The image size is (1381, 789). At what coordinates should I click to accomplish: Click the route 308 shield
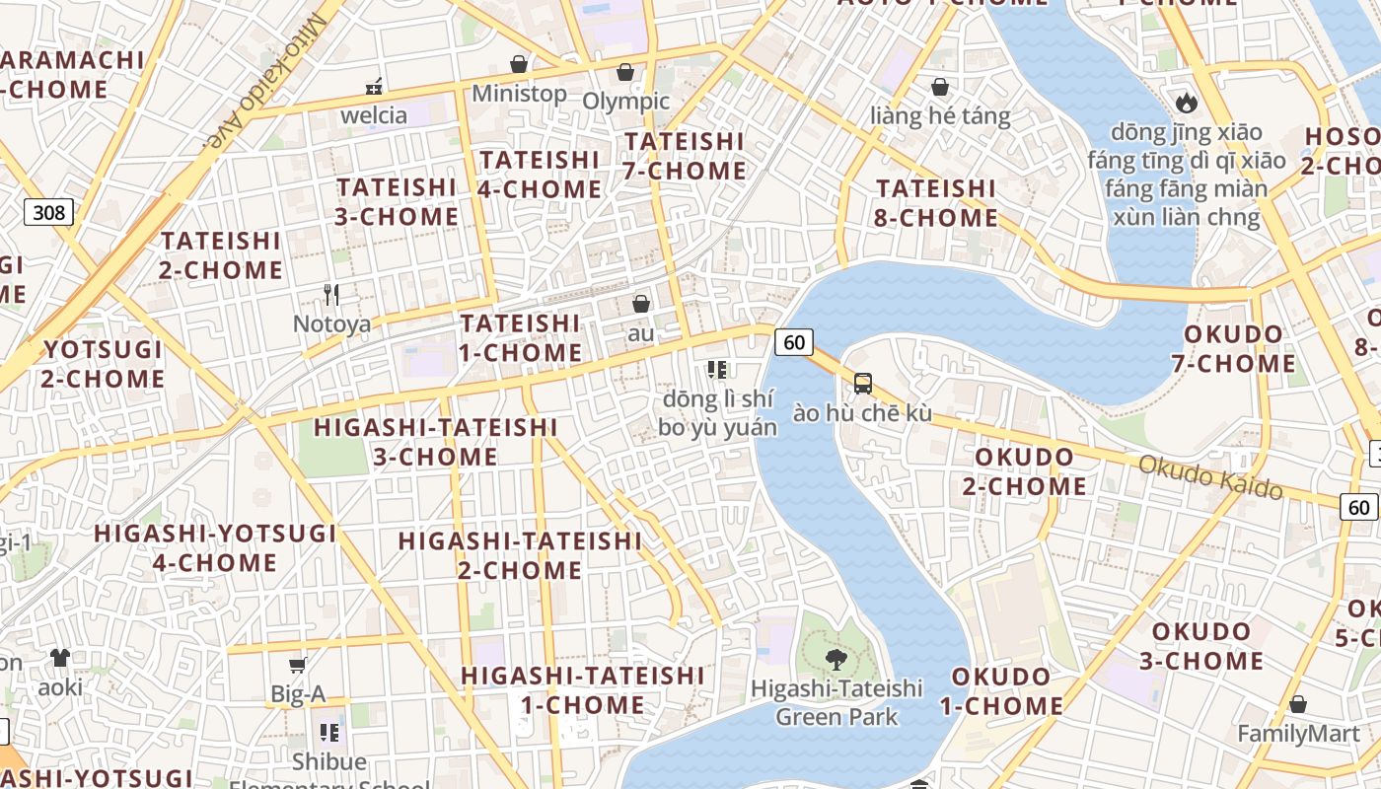click(48, 212)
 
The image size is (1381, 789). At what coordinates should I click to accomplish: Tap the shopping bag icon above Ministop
click(519, 64)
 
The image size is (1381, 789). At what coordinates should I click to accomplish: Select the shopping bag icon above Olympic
click(624, 72)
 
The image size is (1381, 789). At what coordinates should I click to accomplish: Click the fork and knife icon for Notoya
click(331, 294)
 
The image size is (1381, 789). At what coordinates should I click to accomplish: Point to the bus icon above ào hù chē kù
click(862, 384)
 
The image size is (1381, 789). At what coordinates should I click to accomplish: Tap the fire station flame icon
click(1186, 102)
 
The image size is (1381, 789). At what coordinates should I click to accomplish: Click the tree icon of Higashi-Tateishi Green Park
click(836, 658)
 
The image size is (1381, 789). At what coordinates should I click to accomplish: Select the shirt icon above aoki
click(60, 658)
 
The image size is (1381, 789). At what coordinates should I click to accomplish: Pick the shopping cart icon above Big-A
click(298, 666)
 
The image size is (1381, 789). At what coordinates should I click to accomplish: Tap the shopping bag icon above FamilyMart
click(1298, 704)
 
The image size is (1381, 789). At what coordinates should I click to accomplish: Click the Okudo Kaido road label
click(1210, 476)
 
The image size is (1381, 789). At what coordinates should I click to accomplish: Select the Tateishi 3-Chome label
click(398, 201)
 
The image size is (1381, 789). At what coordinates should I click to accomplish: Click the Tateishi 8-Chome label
click(936, 202)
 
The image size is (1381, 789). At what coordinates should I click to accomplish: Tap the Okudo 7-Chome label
click(1233, 348)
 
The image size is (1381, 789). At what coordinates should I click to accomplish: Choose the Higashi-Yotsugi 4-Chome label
click(215, 547)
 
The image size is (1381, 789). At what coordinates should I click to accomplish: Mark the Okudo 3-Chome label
click(1201, 646)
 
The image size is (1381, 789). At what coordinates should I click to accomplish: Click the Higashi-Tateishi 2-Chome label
click(520, 554)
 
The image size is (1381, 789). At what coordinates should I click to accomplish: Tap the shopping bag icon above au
click(641, 304)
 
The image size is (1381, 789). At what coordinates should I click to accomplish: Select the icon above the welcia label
click(374, 87)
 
